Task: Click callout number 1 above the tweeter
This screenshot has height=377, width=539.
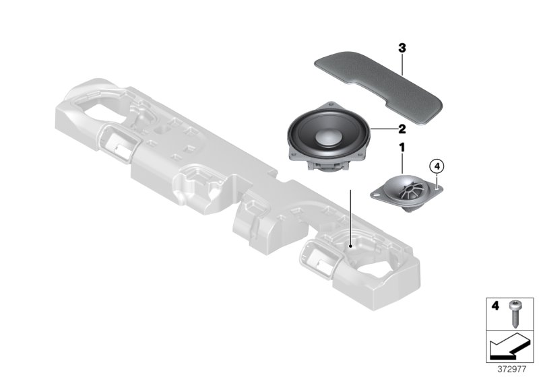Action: click(402, 146)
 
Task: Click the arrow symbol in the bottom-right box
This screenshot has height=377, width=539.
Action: click(509, 348)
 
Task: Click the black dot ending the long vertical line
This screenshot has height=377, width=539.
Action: click(351, 248)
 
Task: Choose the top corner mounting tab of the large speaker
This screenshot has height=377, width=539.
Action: click(331, 104)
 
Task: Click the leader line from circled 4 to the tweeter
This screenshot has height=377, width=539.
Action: click(437, 178)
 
